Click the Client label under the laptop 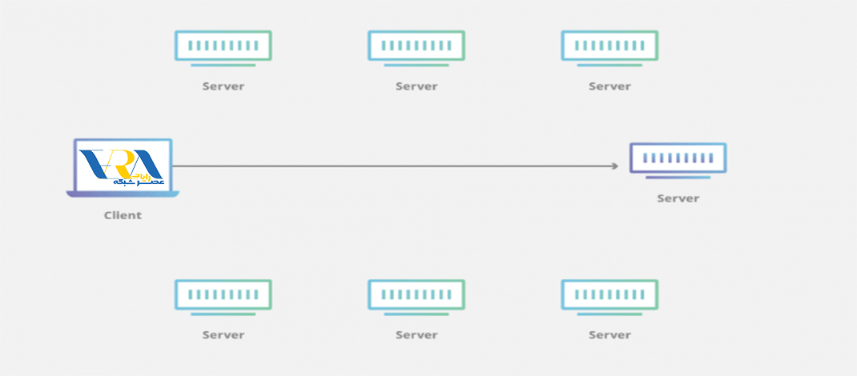(x=123, y=215)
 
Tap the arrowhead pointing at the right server (x=615, y=166)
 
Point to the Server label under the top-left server (x=223, y=86)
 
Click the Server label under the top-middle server (x=416, y=86)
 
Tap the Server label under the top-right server (x=610, y=86)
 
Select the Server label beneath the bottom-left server (x=223, y=334)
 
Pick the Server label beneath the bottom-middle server (x=416, y=334)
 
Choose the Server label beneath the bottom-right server (x=610, y=334)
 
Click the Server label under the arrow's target (x=678, y=198)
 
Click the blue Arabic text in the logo (x=139, y=181)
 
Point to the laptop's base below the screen (x=123, y=194)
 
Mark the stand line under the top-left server (x=223, y=66)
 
